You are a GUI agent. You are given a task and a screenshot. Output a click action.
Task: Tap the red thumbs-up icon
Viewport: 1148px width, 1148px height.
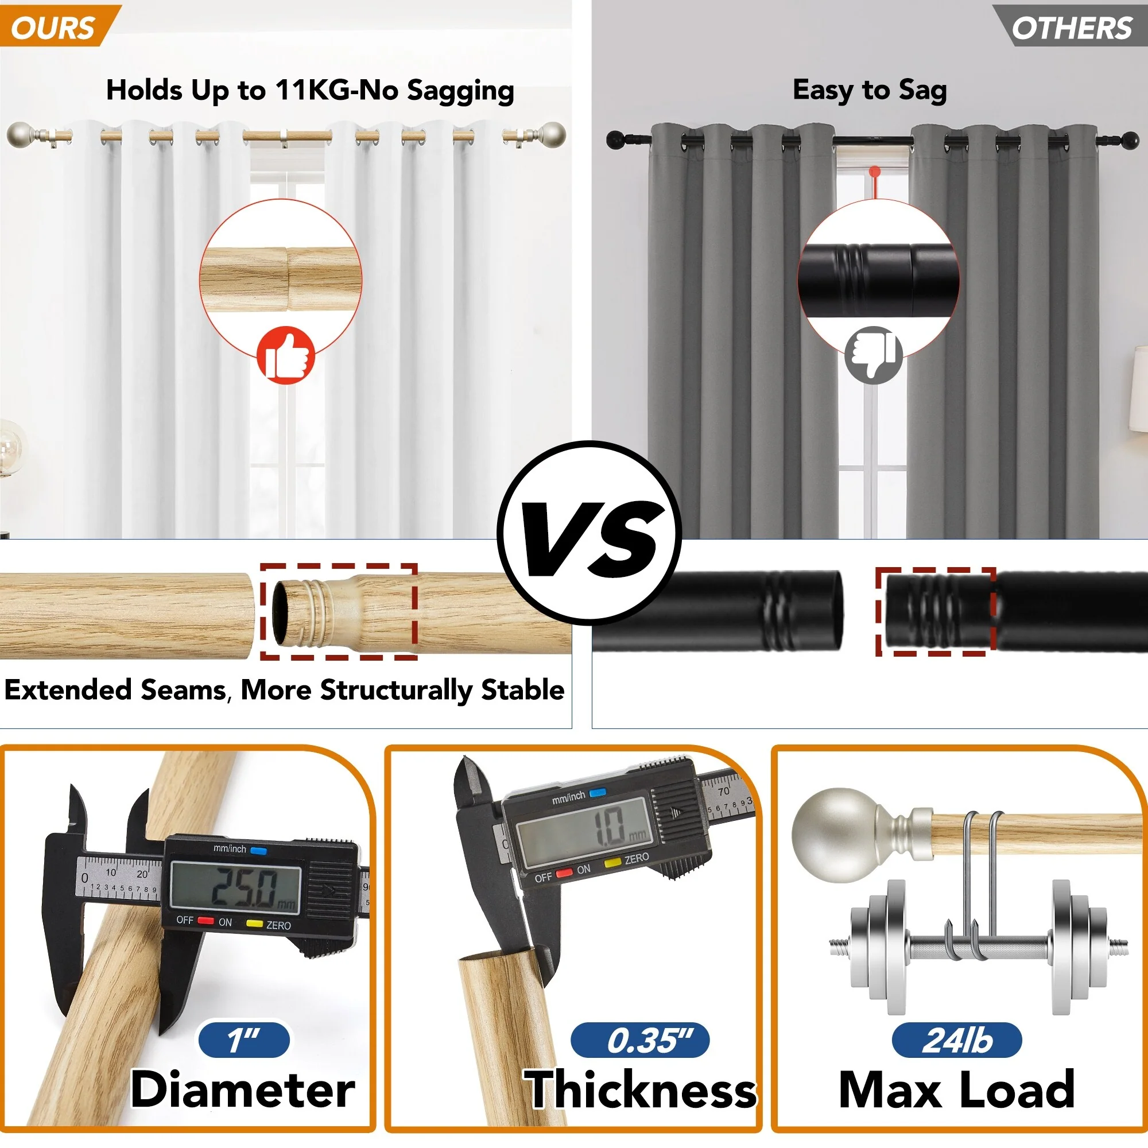point(286,355)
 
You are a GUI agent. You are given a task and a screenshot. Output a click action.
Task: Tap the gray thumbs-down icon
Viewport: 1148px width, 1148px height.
point(874,355)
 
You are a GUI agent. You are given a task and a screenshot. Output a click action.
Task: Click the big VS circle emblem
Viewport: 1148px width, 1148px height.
point(589,533)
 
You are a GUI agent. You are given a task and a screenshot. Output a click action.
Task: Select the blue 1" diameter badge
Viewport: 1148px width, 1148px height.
point(244,1040)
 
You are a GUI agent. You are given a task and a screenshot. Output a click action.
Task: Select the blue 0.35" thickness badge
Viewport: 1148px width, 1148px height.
point(640,1040)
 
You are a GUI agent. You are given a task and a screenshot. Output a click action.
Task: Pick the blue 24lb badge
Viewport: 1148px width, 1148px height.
point(957,1040)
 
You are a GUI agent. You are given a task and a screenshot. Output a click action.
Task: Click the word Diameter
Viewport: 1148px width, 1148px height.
point(242,1090)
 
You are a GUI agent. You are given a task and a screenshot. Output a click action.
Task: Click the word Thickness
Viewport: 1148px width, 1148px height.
point(640,1090)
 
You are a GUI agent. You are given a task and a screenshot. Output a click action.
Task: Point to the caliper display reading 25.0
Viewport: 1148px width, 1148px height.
point(236,885)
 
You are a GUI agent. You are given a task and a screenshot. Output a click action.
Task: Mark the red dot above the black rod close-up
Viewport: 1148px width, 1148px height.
point(875,172)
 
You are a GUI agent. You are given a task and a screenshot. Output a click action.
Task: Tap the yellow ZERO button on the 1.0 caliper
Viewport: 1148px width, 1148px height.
point(612,862)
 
